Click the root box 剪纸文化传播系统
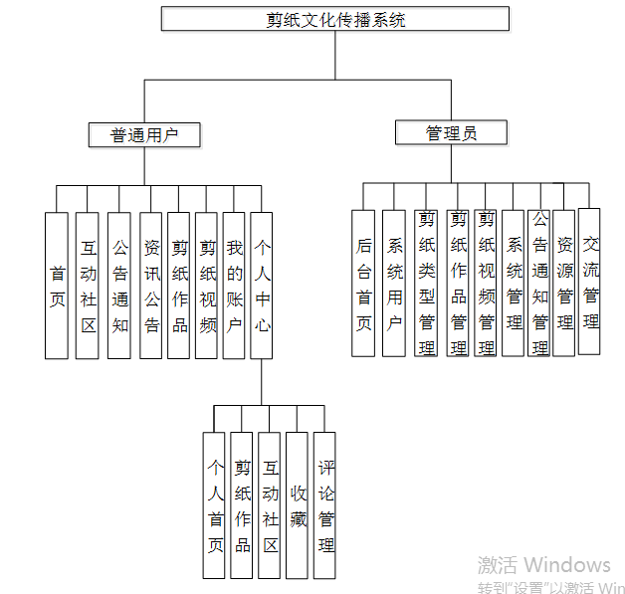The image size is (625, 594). (x=335, y=20)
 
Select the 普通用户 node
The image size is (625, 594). (x=144, y=135)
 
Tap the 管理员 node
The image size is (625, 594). (x=451, y=133)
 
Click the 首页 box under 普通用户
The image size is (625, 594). (x=58, y=285)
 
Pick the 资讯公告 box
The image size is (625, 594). (x=151, y=285)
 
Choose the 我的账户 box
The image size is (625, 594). (x=234, y=285)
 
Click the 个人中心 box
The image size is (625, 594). (x=262, y=285)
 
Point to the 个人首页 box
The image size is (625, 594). (x=214, y=504)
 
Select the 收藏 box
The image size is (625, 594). (x=298, y=504)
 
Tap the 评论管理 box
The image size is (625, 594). (x=325, y=504)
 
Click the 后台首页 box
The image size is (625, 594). (x=363, y=283)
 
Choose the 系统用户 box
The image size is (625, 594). (x=394, y=283)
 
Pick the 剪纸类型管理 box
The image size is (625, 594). (x=427, y=283)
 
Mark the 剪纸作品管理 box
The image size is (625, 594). (x=458, y=283)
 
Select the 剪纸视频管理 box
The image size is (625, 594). (x=486, y=283)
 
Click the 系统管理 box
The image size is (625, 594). (x=514, y=283)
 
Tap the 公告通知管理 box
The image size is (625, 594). (x=539, y=283)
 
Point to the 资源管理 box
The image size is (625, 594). (x=564, y=283)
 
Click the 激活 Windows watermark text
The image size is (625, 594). (x=543, y=566)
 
